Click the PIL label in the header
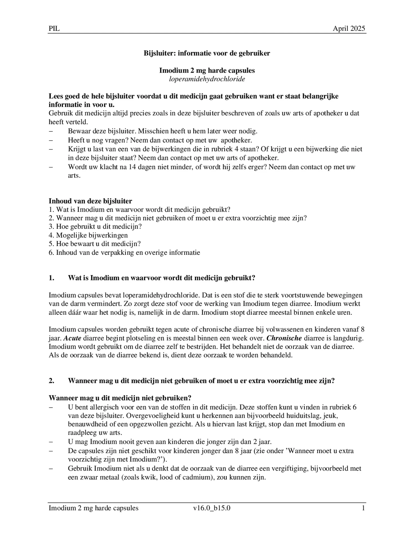(x=54, y=29)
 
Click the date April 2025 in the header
(x=349, y=29)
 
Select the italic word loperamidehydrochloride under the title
(x=207, y=79)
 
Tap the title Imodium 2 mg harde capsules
(x=207, y=70)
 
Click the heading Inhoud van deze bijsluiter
(x=90, y=201)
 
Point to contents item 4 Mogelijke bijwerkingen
(x=88, y=235)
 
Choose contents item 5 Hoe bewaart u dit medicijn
(x=95, y=244)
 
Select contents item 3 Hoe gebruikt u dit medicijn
(x=95, y=227)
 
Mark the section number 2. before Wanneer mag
(x=52, y=381)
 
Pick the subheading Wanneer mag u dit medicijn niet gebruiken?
(x=120, y=398)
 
